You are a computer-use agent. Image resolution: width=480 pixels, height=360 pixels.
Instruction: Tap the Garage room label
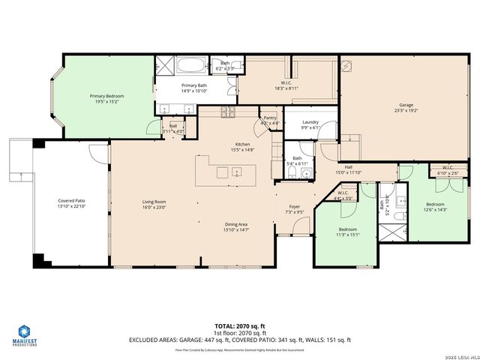coord(406,108)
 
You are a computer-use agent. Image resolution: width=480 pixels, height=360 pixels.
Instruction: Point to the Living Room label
coord(154,203)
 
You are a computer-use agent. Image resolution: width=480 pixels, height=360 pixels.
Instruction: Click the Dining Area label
coord(236,226)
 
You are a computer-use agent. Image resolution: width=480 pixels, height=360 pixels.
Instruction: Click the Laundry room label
coord(311,124)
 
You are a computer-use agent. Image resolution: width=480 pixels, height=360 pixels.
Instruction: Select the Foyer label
coord(295,209)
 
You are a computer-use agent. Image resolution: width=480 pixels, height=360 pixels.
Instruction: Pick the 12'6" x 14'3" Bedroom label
coord(436,207)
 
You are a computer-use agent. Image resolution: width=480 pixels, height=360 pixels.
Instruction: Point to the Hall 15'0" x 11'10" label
coord(349,169)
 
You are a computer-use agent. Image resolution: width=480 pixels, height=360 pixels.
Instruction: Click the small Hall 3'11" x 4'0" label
coord(173,128)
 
